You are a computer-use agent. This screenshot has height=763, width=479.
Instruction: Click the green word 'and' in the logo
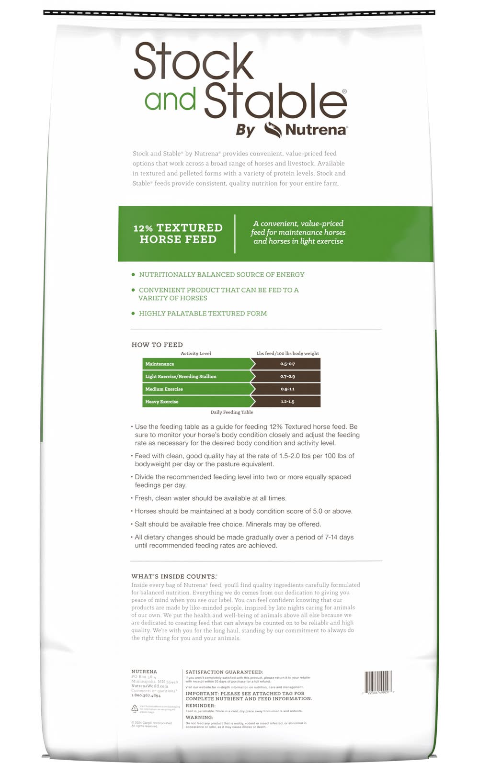[x=170, y=99]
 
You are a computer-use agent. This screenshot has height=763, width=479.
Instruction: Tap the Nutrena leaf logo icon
[x=273, y=129]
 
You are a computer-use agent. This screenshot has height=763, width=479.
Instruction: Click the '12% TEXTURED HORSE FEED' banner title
[x=178, y=234]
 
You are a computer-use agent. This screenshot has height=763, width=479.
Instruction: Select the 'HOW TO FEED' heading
[x=157, y=345]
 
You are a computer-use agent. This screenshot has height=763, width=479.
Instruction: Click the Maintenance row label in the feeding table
[x=160, y=364]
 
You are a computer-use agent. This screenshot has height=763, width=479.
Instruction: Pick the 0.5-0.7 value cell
[x=287, y=364]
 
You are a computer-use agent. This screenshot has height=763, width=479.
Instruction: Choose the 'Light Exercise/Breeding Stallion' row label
[x=181, y=377]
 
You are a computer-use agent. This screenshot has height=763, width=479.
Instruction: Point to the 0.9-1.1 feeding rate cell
[x=287, y=389]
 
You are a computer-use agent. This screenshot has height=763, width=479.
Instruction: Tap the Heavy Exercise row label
[x=162, y=402]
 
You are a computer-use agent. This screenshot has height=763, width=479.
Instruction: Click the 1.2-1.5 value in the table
[x=287, y=402]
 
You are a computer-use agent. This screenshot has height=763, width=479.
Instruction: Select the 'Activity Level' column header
[x=195, y=354]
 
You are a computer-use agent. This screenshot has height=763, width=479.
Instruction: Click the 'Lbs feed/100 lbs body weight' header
[x=287, y=354]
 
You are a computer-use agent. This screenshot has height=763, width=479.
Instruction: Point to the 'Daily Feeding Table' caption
[x=231, y=412]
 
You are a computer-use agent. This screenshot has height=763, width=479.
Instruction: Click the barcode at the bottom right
[x=378, y=681]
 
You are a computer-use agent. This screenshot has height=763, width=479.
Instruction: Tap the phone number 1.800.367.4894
[x=146, y=696]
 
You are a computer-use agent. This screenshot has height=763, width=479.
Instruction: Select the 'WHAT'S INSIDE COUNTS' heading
[x=174, y=577]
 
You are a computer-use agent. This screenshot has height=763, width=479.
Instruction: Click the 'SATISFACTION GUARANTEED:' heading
[x=224, y=672]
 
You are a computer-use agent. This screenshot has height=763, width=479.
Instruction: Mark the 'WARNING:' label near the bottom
[x=199, y=718]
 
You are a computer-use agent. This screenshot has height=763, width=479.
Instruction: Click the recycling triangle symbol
[x=135, y=708]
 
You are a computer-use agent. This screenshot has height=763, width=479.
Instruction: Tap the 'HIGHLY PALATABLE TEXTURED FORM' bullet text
[x=203, y=314]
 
